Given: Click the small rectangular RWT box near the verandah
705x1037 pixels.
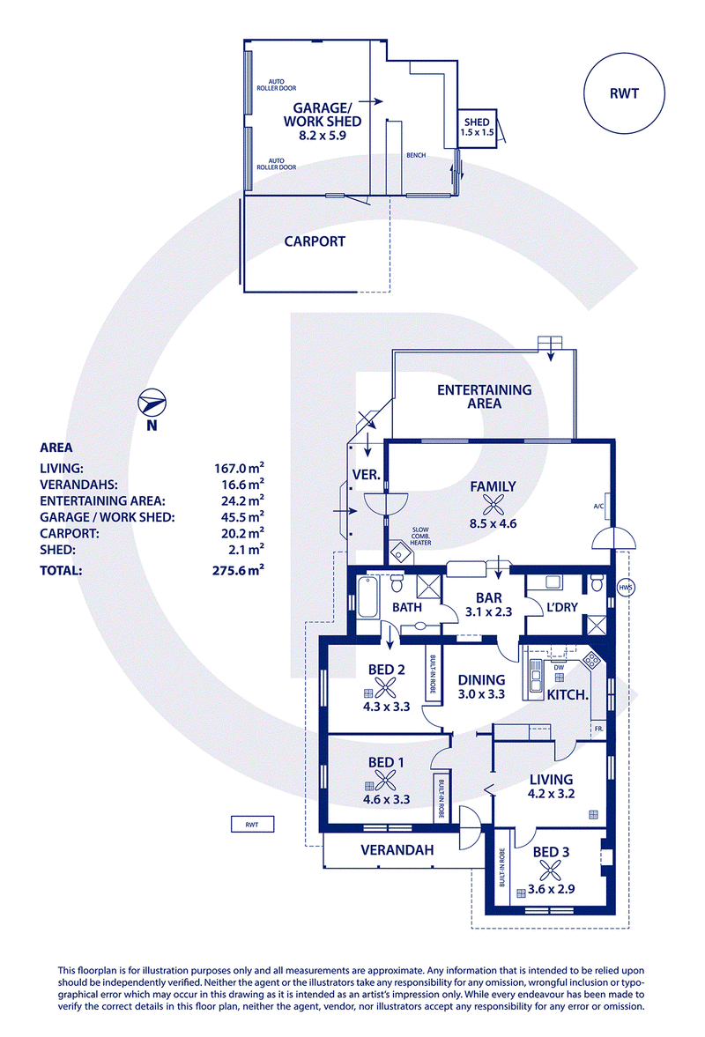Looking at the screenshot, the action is (x=252, y=824).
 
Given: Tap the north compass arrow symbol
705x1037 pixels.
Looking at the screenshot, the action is (x=152, y=403).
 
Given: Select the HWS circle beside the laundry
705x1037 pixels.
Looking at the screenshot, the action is (x=625, y=588).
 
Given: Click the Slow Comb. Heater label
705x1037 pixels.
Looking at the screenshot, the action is (x=420, y=536).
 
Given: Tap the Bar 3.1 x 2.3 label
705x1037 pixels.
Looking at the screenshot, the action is (x=489, y=605).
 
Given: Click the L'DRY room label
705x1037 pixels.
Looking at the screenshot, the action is (x=562, y=607).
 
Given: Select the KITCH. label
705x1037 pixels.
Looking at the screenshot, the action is (x=568, y=695).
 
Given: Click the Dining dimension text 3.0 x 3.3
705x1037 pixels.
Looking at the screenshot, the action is (x=481, y=694).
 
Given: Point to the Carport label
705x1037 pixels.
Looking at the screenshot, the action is (x=315, y=241).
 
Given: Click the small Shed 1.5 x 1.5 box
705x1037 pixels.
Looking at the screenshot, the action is (x=477, y=129).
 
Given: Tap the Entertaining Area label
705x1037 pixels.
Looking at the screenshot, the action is (x=484, y=396).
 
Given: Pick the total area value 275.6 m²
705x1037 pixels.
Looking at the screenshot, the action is (x=238, y=569).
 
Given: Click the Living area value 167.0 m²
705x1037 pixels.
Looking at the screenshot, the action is (x=239, y=468).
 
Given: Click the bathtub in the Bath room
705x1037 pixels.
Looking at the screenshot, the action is (x=367, y=597).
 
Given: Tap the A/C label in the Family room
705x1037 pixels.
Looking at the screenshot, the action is (x=598, y=507).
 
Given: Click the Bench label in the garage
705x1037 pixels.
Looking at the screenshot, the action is (x=416, y=155).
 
